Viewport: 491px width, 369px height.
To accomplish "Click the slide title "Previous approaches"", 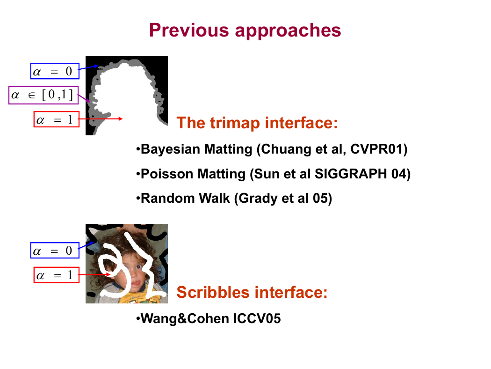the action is coord(245,30).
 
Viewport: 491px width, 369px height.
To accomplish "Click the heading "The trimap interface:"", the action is coord(257,123).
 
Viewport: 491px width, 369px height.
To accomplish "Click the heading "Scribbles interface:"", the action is coord(252,292).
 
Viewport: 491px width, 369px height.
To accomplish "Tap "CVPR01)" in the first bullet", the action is coord(379,149).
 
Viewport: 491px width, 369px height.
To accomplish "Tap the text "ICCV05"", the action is coord(257,318).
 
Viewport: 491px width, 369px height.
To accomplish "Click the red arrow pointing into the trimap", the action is coord(101,119).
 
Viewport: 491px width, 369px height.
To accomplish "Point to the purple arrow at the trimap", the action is coord(84,98).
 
